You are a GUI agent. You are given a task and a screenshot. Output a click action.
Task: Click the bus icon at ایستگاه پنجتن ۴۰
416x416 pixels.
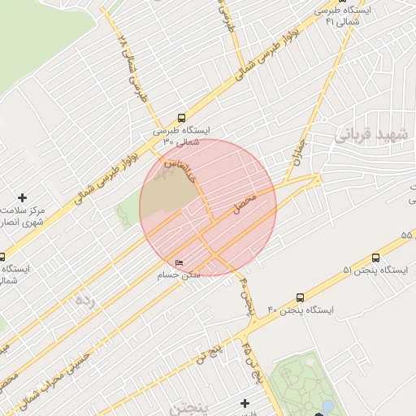point(301,298)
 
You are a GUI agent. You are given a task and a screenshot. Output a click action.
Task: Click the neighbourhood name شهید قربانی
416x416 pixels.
point(372,136)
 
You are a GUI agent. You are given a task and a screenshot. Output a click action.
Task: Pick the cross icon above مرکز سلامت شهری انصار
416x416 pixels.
point(22,197)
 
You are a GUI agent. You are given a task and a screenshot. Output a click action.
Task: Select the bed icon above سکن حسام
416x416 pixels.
point(180,262)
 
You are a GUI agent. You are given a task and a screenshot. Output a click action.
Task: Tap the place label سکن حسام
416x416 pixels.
point(179,275)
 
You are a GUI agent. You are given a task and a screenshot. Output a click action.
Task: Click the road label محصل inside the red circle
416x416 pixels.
point(245,203)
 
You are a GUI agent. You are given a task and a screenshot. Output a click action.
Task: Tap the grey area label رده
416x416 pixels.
point(84,301)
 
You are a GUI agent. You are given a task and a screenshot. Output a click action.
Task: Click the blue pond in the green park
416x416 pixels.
point(327,405)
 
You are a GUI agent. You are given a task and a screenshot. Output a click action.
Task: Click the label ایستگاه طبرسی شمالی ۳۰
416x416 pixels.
point(181,136)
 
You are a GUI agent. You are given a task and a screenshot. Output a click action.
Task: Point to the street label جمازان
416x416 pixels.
point(293,147)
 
